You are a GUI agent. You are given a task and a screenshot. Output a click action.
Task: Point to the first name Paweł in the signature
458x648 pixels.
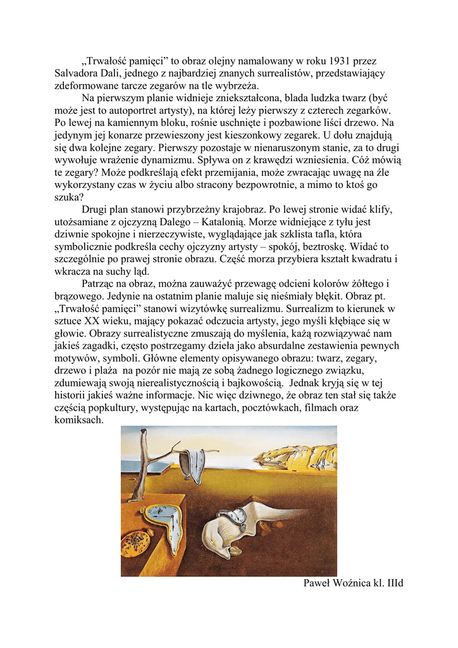pos(318,583)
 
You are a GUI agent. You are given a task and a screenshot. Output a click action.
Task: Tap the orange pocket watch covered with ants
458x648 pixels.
pos(135,541)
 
